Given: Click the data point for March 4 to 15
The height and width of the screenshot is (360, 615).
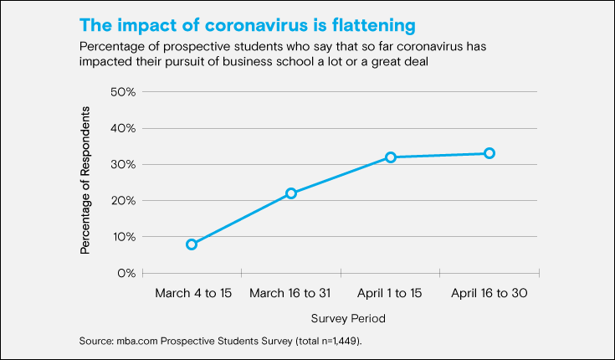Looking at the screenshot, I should pos(192,244).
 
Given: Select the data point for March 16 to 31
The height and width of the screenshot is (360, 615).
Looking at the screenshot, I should pos(291,193).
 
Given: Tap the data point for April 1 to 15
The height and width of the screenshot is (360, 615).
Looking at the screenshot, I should pos(390,157).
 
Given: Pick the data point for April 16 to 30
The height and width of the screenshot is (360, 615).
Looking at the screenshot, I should pos(489,153).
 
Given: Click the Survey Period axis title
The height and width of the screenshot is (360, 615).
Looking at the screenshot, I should pos(349,319).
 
